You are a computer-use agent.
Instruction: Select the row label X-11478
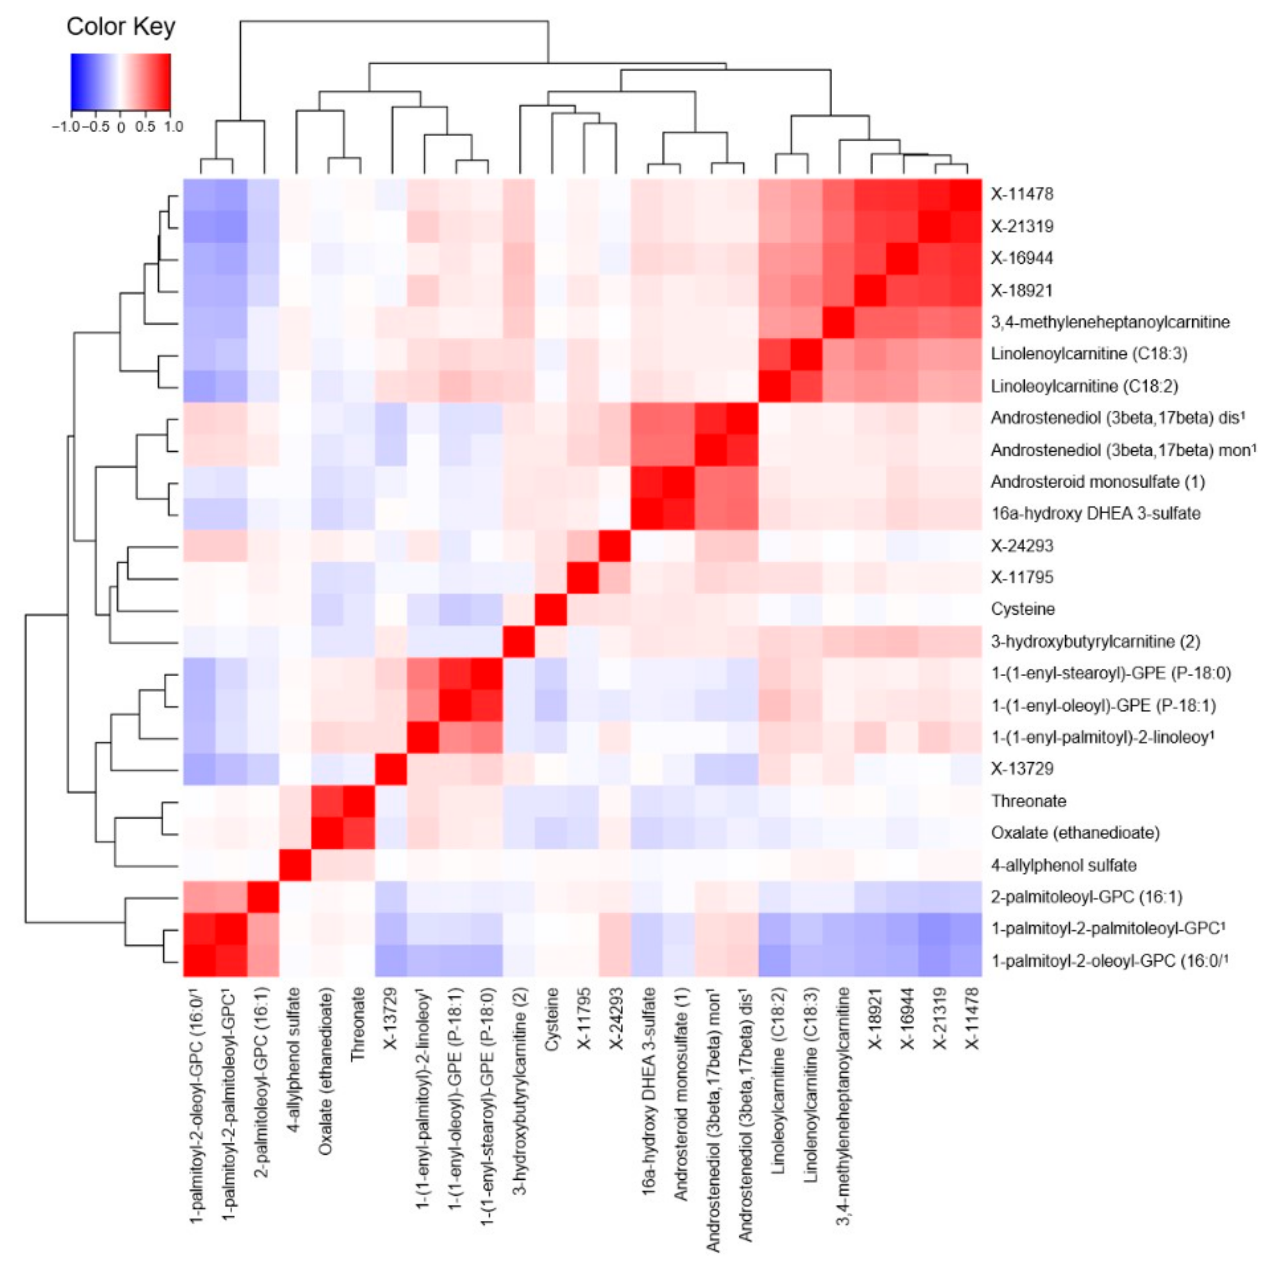pyautogui.click(x=1021, y=194)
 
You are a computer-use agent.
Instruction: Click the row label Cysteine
pyautogui.click(x=1022, y=609)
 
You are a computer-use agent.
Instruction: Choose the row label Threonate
pyautogui.click(x=1028, y=801)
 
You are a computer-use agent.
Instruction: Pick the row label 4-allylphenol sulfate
pyautogui.click(x=1063, y=865)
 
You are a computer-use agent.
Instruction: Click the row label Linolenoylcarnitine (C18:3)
pyautogui.click(x=1088, y=353)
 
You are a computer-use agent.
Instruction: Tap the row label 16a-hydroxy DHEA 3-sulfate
pyautogui.click(x=1095, y=513)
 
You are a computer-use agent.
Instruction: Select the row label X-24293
pyautogui.click(x=1021, y=545)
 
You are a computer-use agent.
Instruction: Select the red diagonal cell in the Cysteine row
pyautogui.click(x=551, y=609)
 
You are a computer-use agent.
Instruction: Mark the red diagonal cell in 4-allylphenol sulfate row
pyautogui.click(x=295, y=865)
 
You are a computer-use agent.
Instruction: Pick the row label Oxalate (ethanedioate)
pyautogui.click(x=1074, y=832)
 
